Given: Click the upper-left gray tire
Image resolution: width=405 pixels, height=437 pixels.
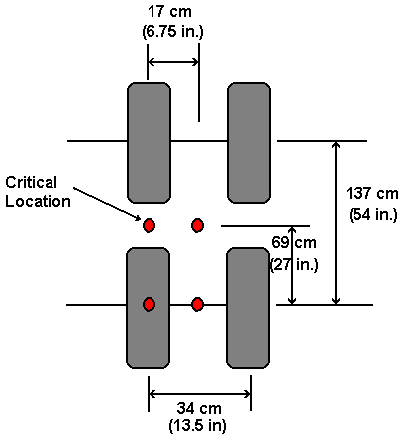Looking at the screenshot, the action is [149, 143].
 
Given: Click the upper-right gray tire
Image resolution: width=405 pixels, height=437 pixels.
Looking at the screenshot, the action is [249, 143].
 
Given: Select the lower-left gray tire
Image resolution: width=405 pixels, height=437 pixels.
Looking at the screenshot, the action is [148, 307].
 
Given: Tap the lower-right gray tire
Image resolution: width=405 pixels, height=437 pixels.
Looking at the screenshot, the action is [248, 307].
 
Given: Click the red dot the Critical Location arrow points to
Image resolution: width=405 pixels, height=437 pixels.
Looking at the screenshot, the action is [149, 225].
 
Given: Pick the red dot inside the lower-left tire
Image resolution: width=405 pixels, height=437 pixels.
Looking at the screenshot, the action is [149, 304].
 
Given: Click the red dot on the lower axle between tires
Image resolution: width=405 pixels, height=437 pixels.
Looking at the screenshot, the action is [197, 304].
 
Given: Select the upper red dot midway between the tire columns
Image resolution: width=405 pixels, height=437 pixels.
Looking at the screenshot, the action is [197, 225].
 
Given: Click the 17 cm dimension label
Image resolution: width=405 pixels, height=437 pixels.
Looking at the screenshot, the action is [169, 12].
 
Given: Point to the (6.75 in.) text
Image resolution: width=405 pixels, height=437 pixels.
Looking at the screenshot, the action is [173, 32].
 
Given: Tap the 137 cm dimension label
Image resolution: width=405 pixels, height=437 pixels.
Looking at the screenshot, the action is [372, 193].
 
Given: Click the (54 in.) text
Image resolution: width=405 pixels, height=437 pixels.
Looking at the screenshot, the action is [373, 215].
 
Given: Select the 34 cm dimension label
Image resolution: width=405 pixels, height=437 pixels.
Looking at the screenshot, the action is [199, 409].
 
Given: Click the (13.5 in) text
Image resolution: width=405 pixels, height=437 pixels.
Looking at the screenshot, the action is [198, 425].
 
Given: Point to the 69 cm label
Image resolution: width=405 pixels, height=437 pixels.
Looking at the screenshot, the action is [294, 243].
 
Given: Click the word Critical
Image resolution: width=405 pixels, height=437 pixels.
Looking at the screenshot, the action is [32, 182].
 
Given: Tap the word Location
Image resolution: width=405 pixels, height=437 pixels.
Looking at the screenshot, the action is [38, 201].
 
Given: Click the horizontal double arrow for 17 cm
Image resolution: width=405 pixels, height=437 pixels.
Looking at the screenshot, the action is [173, 62].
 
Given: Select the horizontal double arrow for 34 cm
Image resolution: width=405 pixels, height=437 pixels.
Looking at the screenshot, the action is [199, 394].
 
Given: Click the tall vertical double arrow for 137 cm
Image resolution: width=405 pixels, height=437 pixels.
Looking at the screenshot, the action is [336, 223].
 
